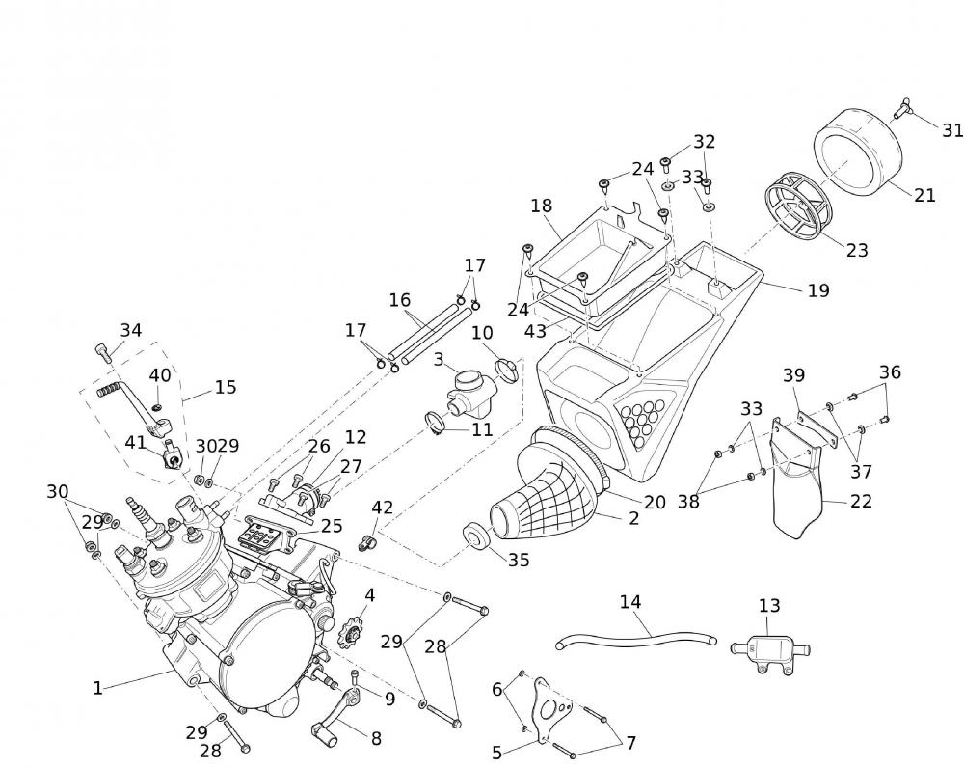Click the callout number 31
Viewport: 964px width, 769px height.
pyautogui.click(x=952, y=130)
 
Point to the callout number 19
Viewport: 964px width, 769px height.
pyautogui.click(x=817, y=290)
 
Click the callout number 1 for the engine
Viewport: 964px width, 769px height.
pyautogui.click(x=97, y=688)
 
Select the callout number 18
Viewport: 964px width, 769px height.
pyautogui.click(x=541, y=206)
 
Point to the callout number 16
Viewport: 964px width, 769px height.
pyautogui.click(x=400, y=300)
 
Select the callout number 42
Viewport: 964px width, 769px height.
pyautogui.click(x=383, y=508)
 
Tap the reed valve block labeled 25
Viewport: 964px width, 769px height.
pyautogui.click(x=264, y=533)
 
